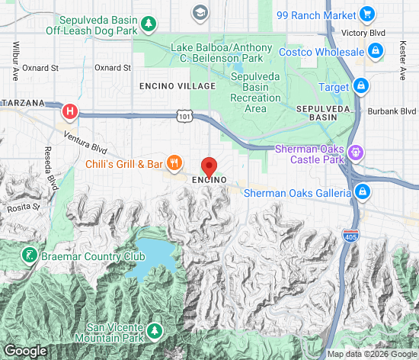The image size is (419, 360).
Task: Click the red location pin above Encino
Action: (x=209, y=166)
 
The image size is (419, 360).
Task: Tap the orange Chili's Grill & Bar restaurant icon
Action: (x=175, y=162)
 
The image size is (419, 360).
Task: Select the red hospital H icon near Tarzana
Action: (x=70, y=112)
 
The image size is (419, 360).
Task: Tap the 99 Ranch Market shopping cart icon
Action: (x=366, y=14)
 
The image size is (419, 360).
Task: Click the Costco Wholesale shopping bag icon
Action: (x=375, y=51)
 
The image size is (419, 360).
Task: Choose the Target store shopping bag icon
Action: (x=362, y=87)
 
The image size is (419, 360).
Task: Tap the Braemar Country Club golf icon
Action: (x=30, y=256)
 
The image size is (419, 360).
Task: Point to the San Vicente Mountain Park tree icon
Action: (x=155, y=330)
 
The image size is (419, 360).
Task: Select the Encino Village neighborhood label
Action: (x=171, y=87)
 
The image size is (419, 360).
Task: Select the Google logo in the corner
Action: (x=25, y=351)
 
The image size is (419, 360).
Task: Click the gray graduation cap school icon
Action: (x=200, y=12)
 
